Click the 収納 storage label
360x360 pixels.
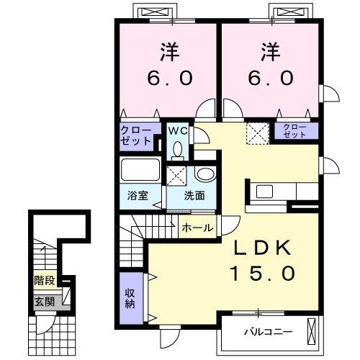coord(131,297)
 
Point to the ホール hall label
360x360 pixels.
coord(197,228)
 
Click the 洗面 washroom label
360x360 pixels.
coord(194,196)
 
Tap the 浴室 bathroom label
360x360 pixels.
coord(139,196)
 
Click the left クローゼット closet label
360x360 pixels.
coord(136,135)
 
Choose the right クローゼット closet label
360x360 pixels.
coord(292,131)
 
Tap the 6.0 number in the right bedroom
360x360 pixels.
coord(271,78)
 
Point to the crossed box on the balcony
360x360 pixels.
coord(311,332)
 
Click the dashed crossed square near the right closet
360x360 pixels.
coord(256,132)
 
